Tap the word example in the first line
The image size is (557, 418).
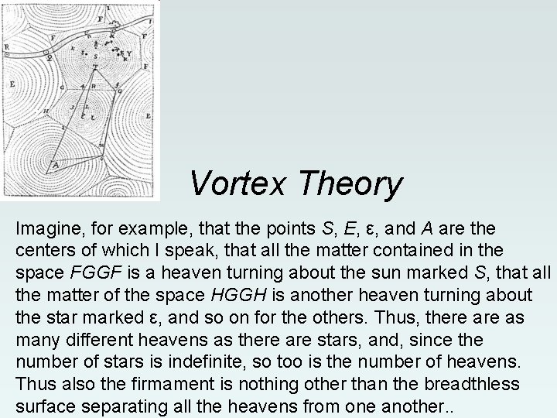click(x=134, y=229)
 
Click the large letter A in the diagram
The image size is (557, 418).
click(x=55, y=164)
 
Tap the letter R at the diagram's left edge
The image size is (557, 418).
click(x=7, y=46)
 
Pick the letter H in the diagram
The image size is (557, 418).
click(x=46, y=112)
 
